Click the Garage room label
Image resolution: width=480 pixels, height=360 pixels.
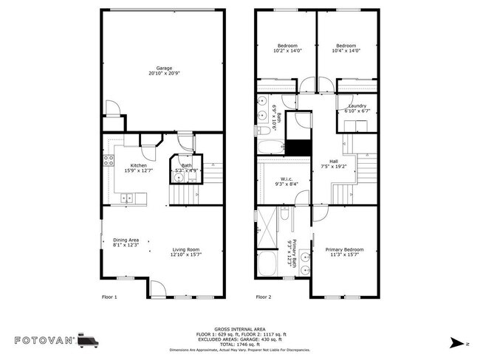(x=164, y=68)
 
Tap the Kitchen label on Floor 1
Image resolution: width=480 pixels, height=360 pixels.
(x=138, y=165)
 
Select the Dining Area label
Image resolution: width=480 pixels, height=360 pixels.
(x=126, y=240)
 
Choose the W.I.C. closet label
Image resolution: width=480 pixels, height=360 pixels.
(x=287, y=179)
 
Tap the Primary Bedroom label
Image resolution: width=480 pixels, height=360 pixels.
(x=345, y=249)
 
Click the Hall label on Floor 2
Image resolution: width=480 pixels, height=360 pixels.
(x=334, y=162)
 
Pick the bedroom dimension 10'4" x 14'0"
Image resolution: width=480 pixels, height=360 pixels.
(x=346, y=51)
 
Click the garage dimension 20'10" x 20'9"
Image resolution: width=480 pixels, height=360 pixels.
(x=164, y=74)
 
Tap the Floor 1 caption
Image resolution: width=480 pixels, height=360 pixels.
(x=109, y=297)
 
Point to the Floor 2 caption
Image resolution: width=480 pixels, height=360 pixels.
(x=264, y=297)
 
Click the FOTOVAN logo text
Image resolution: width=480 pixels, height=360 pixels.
(x=43, y=341)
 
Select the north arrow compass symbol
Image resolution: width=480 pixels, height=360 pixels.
(x=458, y=343)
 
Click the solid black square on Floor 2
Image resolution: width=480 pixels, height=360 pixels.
(x=298, y=147)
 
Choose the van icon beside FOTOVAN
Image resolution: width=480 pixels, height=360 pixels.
(x=86, y=340)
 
